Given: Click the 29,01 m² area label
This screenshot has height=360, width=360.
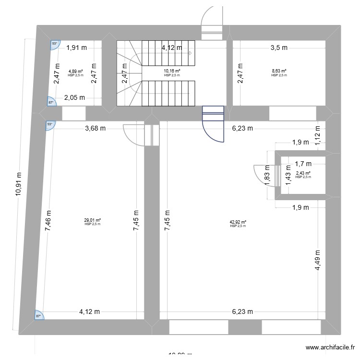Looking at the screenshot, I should (x=92, y=220).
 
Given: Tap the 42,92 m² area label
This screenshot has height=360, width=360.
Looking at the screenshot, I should (x=238, y=222).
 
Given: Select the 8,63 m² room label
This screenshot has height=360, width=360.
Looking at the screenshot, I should (x=278, y=72).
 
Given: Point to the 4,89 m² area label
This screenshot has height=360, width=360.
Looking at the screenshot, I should (x=75, y=72).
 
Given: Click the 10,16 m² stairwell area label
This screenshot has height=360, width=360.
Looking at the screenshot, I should (x=171, y=72).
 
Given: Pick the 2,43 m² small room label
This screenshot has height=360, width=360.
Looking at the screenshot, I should (x=303, y=174).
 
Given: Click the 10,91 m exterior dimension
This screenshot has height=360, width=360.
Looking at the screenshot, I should (x=18, y=190).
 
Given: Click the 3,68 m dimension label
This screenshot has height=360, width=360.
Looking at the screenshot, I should (x=96, y=128).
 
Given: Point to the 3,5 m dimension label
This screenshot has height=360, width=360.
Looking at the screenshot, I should (x=279, y=48).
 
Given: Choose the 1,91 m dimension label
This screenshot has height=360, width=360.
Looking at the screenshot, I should (x=76, y=48).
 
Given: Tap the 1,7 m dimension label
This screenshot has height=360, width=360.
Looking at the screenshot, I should (x=303, y=164).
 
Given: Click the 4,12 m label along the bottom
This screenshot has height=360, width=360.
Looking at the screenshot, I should (x=89, y=312).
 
